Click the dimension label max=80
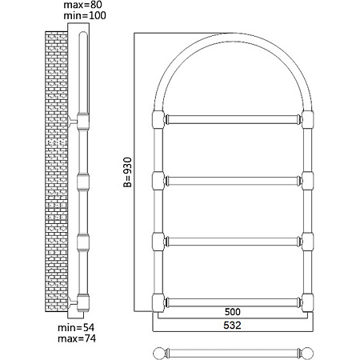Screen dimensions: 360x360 click(x=82, y=5)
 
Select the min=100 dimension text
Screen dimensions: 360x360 click(x=85, y=15)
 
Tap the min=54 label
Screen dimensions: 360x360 click(x=76, y=327)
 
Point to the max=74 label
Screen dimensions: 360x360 click(x=77, y=338)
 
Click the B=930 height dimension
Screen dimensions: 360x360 click(x=128, y=172)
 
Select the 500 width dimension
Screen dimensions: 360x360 click(x=233, y=312)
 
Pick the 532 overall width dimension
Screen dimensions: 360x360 click(x=232, y=325)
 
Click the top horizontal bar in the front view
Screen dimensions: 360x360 click(x=233, y=119)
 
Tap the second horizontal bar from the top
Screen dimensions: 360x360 click(x=233, y=181)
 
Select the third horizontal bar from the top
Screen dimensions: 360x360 click(x=233, y=242)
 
